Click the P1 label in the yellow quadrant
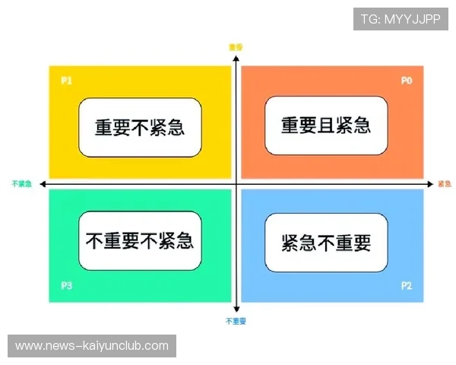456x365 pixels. pos(66,80)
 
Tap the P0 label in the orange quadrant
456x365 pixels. pos(407,80)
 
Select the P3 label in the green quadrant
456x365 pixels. pos(66,287)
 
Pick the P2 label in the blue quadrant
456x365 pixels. pos(407,287)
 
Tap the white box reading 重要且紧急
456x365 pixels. pos(326,125)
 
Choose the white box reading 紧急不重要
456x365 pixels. pos(326,243)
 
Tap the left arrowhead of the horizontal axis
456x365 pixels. pos(44,184)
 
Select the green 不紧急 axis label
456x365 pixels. pos(21,184)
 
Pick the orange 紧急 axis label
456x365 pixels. pos(445,184)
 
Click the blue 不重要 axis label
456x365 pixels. pos(236,322)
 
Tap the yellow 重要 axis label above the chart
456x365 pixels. pos(236,47)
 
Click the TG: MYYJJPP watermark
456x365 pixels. pos(401,19)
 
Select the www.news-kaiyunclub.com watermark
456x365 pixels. pos(91,346)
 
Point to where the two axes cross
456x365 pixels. pos(236,184)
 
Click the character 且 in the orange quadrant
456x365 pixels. pos(326,125)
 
